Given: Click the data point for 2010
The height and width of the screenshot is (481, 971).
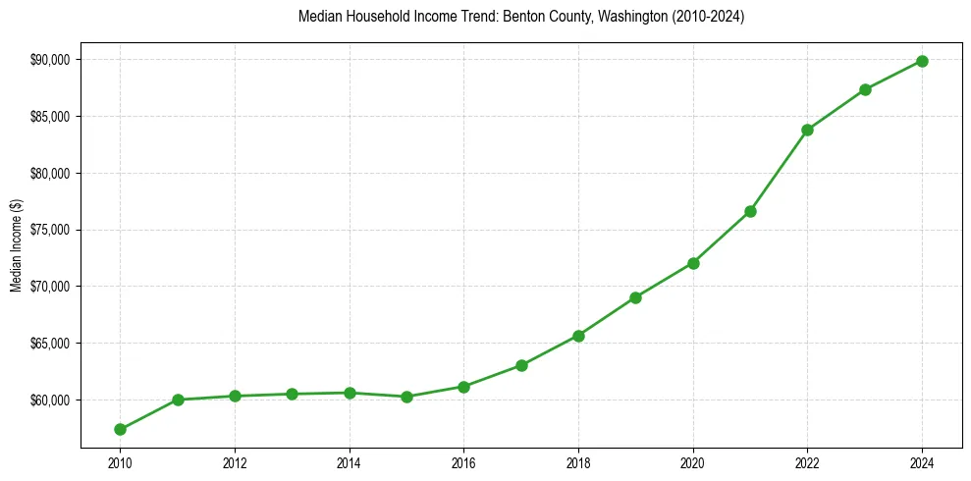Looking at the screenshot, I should click(x=120, y=429).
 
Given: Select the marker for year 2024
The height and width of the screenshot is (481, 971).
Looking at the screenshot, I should click(x=922, y=61).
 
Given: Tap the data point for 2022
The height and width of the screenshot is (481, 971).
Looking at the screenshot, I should click(x=807, y=130).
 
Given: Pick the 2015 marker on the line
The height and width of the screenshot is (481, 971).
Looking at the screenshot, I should click(x=406, y=397).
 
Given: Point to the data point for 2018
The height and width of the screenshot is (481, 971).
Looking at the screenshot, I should click(x=578, y=336).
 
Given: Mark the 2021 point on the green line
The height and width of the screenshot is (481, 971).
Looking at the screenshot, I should click(x=750, y=211).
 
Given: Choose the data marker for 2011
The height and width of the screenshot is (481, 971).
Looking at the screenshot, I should click(x=178, y=400).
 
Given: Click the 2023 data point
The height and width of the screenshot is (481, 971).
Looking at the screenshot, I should click(x=865, y=89).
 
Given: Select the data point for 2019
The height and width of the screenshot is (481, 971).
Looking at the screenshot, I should click(x=635, y=297).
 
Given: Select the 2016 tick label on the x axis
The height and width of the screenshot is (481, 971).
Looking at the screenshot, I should click(x=463, y=461).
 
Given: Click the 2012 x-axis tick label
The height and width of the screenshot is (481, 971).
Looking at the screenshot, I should click(x=235, y=461).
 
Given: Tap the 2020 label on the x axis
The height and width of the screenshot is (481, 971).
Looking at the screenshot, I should click(x=693, y=461).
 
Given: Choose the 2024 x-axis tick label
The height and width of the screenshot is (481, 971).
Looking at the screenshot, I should click(x=922, y=461).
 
